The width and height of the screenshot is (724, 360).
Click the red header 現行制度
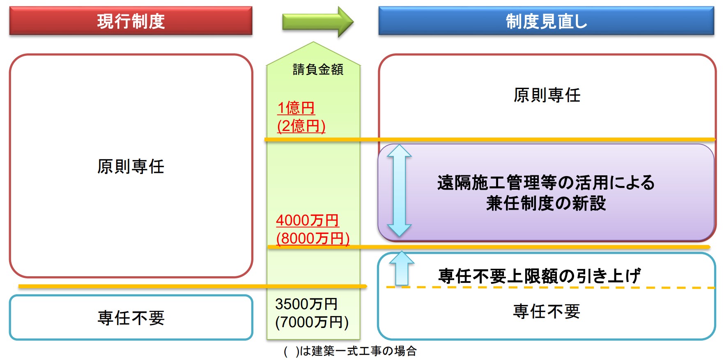[x=131, y=21]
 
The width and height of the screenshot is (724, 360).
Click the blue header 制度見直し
[x=546, y=21]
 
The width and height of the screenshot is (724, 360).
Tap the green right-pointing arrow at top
[x=317, y=22]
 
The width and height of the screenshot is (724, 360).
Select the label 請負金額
[x=318, y=69]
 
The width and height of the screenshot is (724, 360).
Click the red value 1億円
[x=296, y=108]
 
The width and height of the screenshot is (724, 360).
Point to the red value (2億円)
[x=301, y=126]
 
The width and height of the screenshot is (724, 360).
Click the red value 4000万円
[x=307, y=220]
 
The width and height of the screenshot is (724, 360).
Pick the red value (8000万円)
[x=313, y=238]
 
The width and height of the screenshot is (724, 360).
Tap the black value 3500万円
[x=306, y=304]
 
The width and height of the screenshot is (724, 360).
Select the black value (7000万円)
[x=312, y=322]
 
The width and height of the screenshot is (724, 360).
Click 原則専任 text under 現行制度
[x=131, y=167]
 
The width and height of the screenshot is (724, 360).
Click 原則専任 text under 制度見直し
[x=547, y=95]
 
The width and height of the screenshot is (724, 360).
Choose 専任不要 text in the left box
[x=131, y=318]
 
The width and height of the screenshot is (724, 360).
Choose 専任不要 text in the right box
[x=547, y=312]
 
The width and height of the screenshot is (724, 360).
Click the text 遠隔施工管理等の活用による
[x=546, y=183]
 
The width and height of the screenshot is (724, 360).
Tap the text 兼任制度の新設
[x=546, y=203]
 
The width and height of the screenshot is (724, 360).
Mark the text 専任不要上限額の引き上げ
[x=539, y=276]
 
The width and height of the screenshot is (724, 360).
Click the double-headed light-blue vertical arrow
[x=399, y=190]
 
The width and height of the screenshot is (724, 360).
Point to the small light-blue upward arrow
[x=402, y=268]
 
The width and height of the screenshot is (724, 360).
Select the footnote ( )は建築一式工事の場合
[x=350, y=351]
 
